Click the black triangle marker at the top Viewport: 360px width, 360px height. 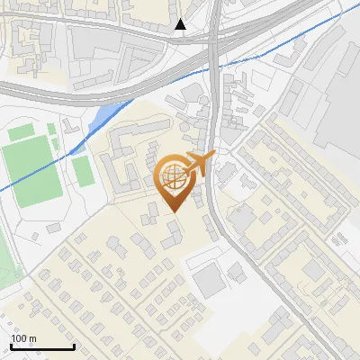[x=181, y=24]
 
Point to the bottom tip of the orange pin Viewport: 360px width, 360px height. [x=175, y=211]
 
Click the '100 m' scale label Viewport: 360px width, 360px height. [x=23, y=338]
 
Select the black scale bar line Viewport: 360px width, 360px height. [x=42, y=346]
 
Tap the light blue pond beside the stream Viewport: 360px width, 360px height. [x=105, y=114]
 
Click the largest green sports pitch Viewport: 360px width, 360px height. [x=32, y=172]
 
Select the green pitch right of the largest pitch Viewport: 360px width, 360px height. [x=83, y=170]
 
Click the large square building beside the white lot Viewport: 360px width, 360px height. [x=211, y=282]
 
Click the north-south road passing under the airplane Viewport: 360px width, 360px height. [x=212, y=198]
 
